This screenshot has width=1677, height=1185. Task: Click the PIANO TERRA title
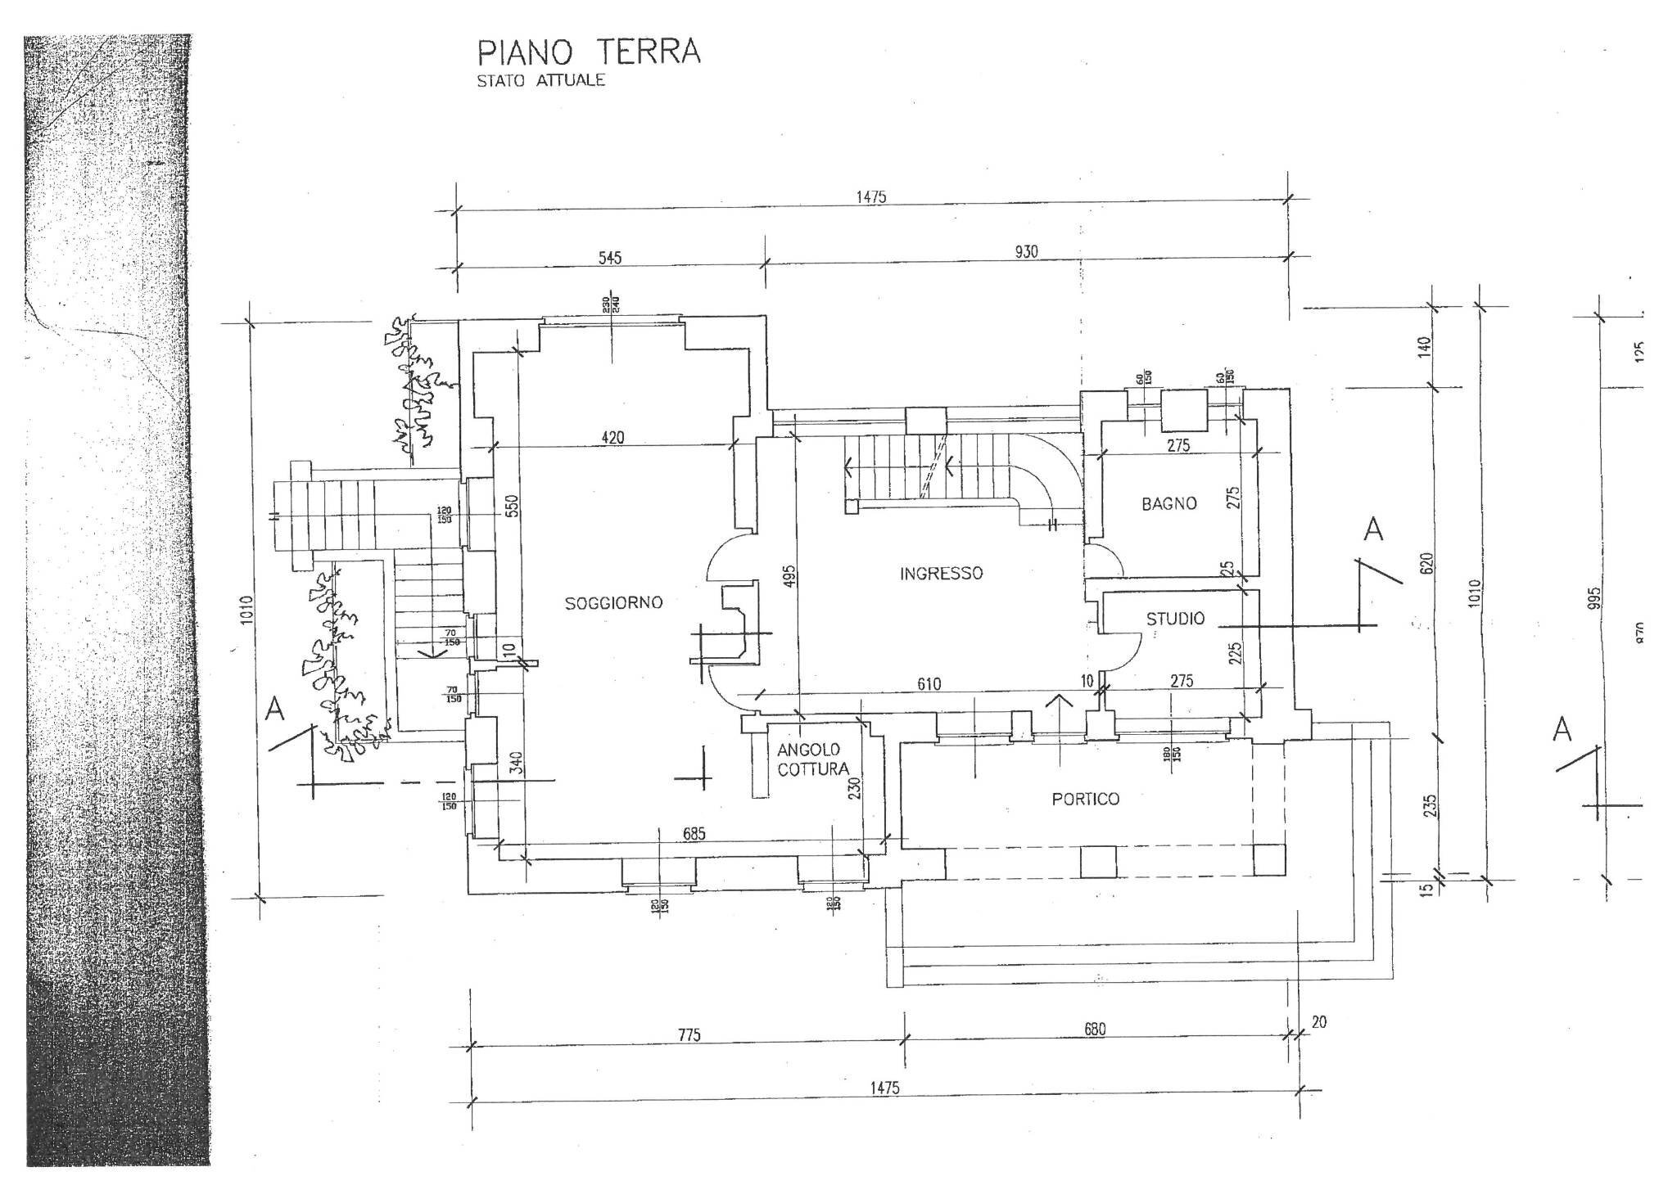(589, 52)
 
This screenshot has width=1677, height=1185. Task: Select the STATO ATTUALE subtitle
(540, 81)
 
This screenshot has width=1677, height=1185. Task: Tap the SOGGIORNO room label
(613, 603)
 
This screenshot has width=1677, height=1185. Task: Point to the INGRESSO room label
(941, 574)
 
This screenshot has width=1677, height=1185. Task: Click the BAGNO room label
(1168, 504)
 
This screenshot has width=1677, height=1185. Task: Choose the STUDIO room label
(1175, 619)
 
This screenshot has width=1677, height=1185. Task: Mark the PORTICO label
(1085, 799)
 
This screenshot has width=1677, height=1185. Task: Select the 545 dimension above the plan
(610, 258)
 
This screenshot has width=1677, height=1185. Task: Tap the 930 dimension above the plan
(1026, 252)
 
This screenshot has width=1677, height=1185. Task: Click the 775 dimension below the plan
(689, 1035)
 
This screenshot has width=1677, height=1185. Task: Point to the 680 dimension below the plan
(1095, 1030)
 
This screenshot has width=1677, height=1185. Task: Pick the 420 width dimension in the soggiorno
(612, 438)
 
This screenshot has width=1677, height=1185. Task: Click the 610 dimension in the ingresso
(929, 684)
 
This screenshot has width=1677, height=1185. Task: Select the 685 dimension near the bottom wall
(693, 834)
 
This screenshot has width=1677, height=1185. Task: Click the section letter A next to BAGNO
(1373, 529)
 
